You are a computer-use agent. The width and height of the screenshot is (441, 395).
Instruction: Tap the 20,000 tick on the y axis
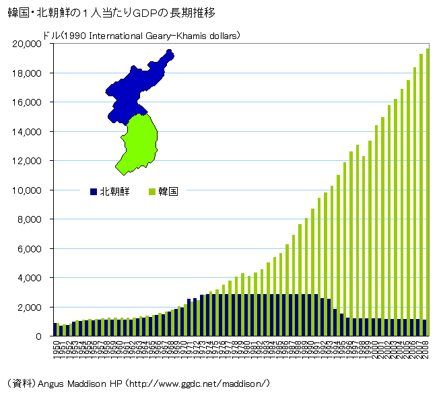pos(26,44)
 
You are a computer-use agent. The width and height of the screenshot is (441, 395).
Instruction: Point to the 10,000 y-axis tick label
pos(26,190)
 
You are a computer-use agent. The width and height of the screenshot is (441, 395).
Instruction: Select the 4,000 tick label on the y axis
pos(29,278)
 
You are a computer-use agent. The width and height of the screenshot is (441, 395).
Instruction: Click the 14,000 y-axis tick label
pos(26,132)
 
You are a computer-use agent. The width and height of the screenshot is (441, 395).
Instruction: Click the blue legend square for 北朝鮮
pos(93,191)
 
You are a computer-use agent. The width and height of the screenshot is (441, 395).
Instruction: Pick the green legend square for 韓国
pos(152,191)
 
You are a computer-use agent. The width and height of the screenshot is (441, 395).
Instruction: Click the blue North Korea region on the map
pos(135,84)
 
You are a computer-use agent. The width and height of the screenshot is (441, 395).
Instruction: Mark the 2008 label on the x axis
pos(426,350)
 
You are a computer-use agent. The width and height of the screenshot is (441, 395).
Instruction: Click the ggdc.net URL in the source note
pos(201,383)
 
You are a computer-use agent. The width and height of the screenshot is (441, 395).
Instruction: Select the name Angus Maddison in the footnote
pos(70,383)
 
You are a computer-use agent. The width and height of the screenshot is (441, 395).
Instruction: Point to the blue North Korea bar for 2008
pos(424,328)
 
